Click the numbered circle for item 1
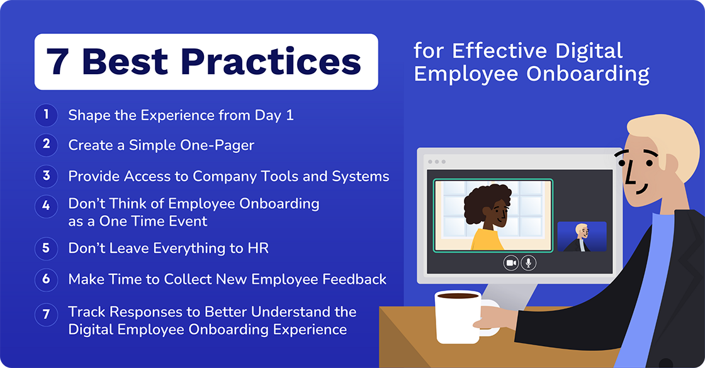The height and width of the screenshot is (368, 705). pyautogui.click(x=46, y=115)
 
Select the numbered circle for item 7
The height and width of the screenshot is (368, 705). pyautogui.click(x=46, y=315)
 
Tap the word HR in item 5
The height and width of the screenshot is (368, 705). pyautogui.click(x=258, y=248)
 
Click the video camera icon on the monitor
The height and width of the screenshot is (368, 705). pyautogui.click(x=511, y=263)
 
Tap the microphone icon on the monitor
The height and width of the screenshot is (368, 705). pyautogui.click(x=529, y=263)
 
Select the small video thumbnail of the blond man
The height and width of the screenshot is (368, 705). pyautogui.click(x=582, y=237)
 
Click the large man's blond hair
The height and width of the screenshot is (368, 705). pyautogui.click(x=661, y=135)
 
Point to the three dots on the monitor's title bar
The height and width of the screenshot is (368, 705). pyautogui.click(x=436, y=162)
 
